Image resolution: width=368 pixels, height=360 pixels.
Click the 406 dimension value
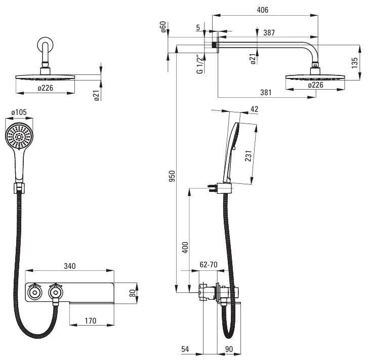(262, 10)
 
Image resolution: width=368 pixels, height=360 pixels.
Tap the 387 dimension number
(269, 32)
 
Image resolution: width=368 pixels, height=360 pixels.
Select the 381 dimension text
(265, 92)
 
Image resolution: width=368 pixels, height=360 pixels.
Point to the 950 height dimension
(172, 176)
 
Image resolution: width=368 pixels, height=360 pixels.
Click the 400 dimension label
(185, 248)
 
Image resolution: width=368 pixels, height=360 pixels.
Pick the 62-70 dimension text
(208, 264)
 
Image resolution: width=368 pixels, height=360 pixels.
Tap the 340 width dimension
(70, 266)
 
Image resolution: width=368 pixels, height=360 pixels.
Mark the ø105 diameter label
(18, 112)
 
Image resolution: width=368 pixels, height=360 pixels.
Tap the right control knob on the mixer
(55, 292)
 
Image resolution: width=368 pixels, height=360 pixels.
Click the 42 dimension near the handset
(254, 109)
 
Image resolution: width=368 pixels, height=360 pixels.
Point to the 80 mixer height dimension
(133, 293)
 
